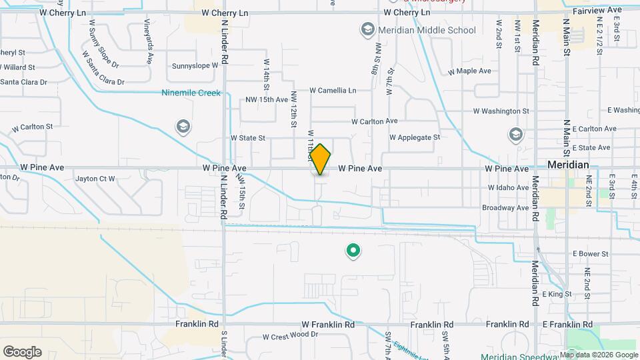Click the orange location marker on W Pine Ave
pyautogui.click(x=321, y=159)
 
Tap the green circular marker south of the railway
pyautogui.click(x=353, y=251)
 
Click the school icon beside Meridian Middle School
pyautogui.click(x=367, y=29)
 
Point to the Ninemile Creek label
pyautogui.click(x=191, y=93)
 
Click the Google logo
pyautogui.click(x=22, y=352)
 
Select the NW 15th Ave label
pyautogui.click(x=267, y=99)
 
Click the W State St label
pyautogui.click(x=248, y=138)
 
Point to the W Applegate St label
pyautogui.click(x=415, y=137)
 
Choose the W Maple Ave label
pyautogui.click(x=469, y=71)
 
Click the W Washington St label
pyautogui.click(x=501, y=111)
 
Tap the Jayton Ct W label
pyautogui.click(x=95, y=179)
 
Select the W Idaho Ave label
pyautogui.click(x=508, y=188)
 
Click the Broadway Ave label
pyautogui.click(x=505, y=208)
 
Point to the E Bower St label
pyautogui.click(x=590, y=254)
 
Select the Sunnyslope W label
pyautogui.click(x=195, y=66)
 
